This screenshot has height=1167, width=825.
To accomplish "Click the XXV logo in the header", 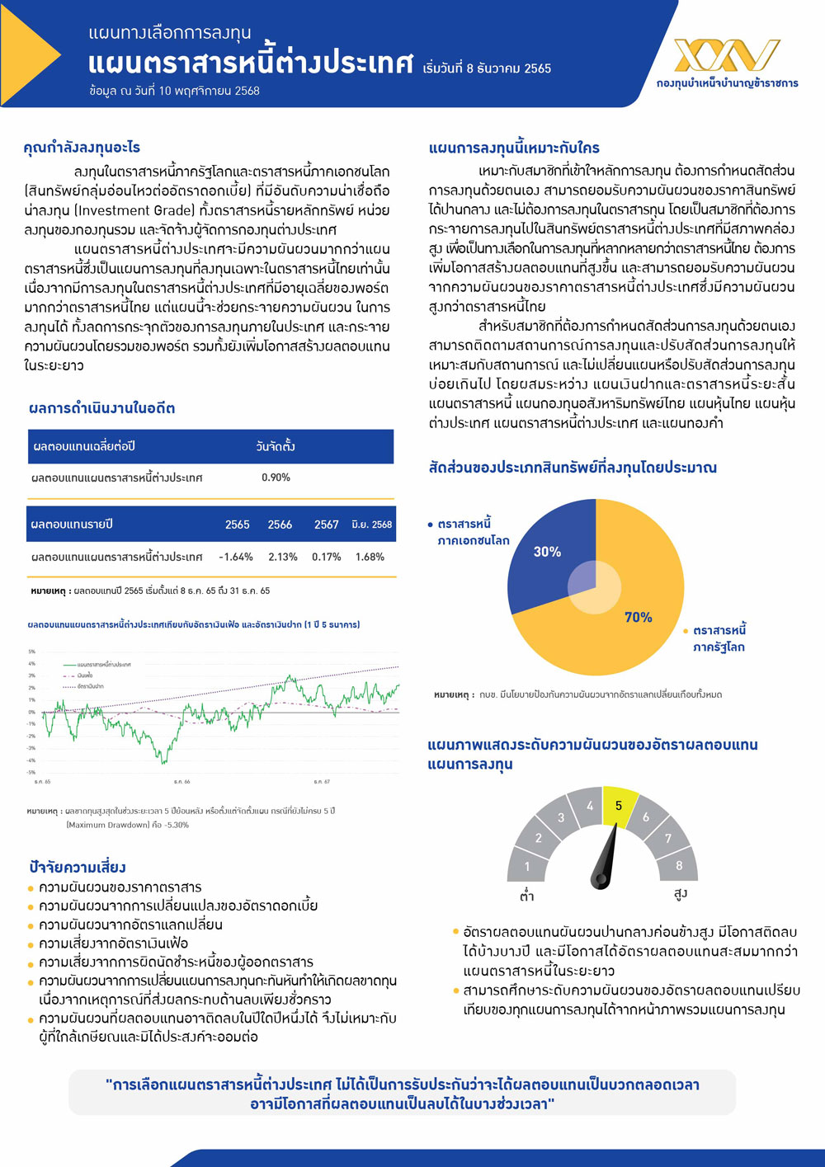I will click(726, 56).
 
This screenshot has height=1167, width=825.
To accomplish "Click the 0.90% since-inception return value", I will click(276, 478).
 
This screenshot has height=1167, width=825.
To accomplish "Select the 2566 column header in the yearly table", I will click(280, 525).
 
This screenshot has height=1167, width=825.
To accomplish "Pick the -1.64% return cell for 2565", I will click(236, 557).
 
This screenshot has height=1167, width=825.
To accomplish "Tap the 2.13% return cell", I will click(282, 557).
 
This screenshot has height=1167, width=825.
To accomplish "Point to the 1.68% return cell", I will click(370, 557).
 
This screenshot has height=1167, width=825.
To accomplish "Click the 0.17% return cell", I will click(326, 557).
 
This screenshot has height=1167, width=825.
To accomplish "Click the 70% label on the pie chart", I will click(638, 617).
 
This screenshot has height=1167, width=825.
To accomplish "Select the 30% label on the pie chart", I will click(547, 552).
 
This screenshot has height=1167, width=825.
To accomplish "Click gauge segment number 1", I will click(527, 866).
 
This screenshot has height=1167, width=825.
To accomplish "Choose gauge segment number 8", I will click(679, 865).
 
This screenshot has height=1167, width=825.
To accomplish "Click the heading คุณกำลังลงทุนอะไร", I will click(82, 148).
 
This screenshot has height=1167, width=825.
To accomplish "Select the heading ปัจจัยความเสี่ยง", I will click(78, 867).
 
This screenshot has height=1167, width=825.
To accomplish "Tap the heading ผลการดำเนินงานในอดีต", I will click(101, 408).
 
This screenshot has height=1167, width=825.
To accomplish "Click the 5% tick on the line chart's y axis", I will click(32, 652).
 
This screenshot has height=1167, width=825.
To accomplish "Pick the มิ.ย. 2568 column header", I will click(371, 525).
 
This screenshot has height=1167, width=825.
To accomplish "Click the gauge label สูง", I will click(681, 894).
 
